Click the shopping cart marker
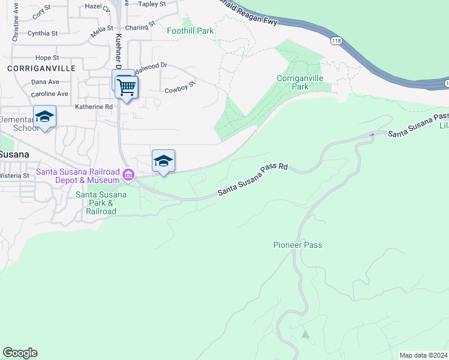(126, 88)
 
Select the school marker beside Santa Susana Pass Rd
(163, 161)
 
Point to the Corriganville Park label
(300, 82)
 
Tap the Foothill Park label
(190, 30)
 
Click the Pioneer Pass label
(297, 245)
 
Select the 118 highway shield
(336, 41)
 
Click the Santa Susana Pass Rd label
(253, 181)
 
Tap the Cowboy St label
(180, 88)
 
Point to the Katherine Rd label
(94, 107)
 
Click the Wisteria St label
(15, 176)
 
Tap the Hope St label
(46, 58)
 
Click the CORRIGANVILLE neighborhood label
(41, 68)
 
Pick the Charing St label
(140, 26)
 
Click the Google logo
(20, 353)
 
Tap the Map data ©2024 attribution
(423, 355)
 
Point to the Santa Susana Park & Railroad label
(101, 203)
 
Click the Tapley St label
(152, 4)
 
